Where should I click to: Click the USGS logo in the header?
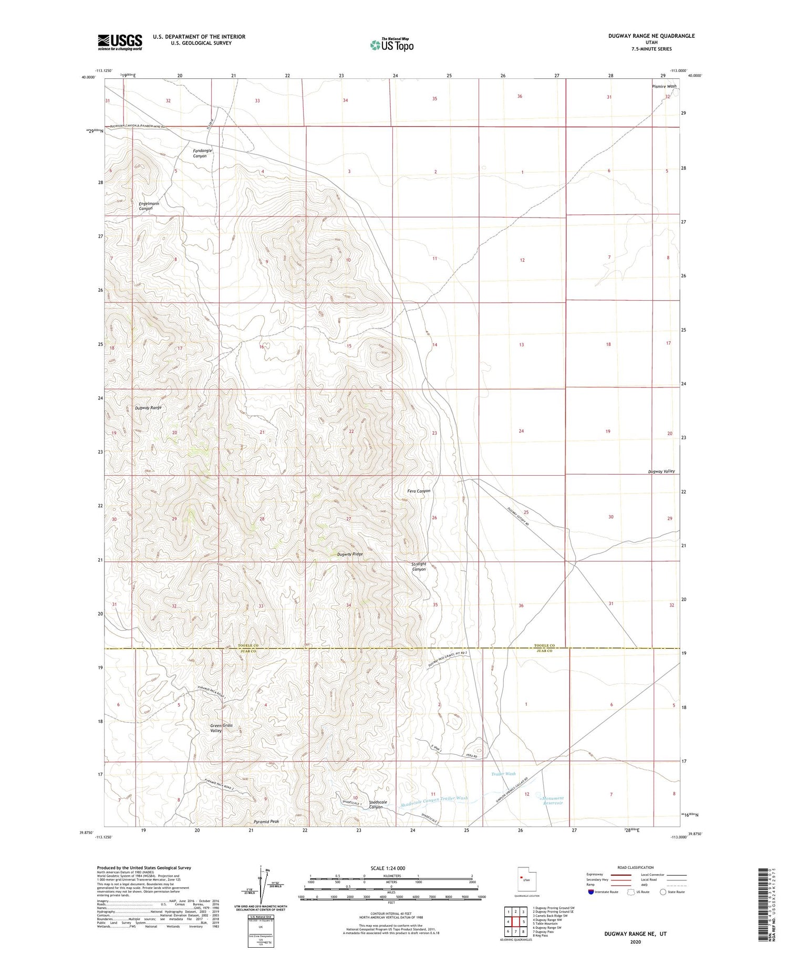click(120, 42)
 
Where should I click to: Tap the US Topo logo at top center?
click(392, 45)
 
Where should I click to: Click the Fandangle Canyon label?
click(202, 153)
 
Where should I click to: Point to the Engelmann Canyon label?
click(149, 206)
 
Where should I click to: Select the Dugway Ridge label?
click(350, 554)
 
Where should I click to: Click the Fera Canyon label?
click(419, 491)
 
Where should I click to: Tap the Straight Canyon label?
click(419, 567)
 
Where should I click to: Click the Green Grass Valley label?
click(221, 727)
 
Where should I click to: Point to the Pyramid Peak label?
click(266, 821)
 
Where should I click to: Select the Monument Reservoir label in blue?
click(553, 801)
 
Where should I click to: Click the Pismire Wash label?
click(664, 86)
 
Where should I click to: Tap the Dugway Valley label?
click(661, 472)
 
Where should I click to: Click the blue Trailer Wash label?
click(503, 774)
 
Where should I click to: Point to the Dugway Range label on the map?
click(148, 407)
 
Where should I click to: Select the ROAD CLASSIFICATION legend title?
click(636, 867)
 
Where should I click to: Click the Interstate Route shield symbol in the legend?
click(592, 892)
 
